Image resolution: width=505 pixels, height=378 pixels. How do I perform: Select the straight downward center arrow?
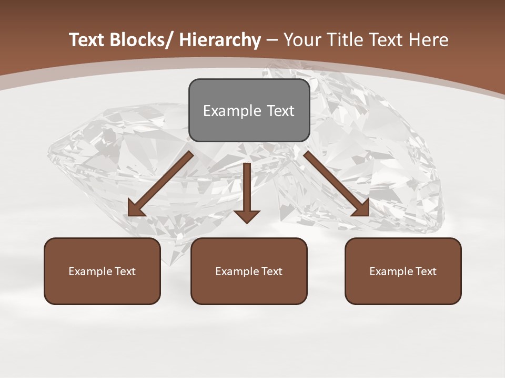[247, 192]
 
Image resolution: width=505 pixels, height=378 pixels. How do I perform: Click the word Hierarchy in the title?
[220, 40]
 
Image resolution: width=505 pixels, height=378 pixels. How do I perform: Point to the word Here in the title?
[430, 40]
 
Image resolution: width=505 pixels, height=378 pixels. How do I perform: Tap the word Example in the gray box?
[231, 111]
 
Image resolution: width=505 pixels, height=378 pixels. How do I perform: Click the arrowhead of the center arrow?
[247, 216]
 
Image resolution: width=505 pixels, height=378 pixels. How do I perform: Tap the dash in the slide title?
[272, 40]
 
